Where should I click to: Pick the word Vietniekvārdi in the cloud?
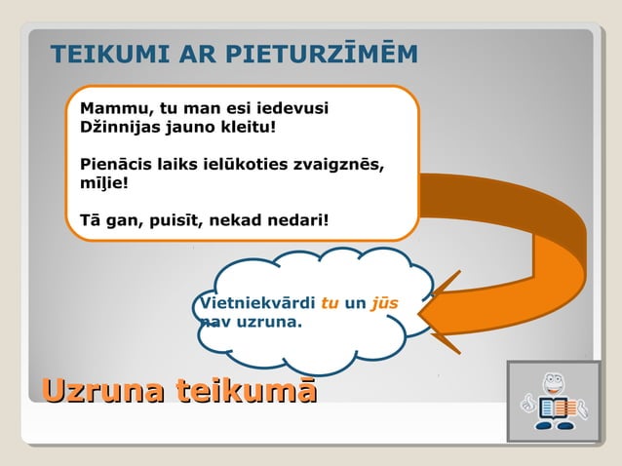(x=256, y=303)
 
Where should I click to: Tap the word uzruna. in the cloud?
(x=269, y=320)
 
